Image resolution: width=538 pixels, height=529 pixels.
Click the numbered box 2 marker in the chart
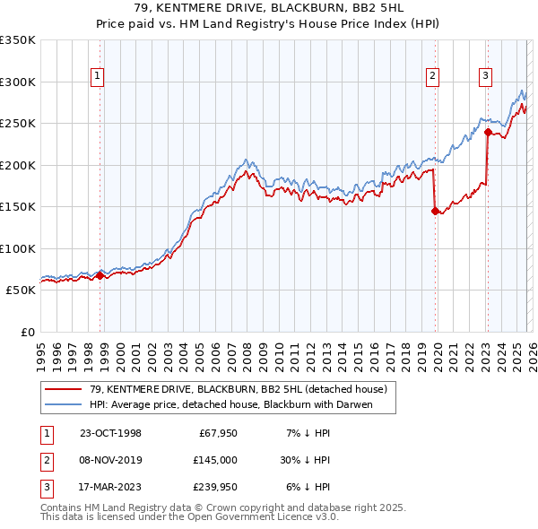(x=432, y=76)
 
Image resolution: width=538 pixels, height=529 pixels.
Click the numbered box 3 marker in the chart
(x=485, y=76)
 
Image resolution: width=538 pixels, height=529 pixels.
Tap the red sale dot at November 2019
(x=436, y=212)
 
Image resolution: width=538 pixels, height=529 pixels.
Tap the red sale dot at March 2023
(x=488, y=132)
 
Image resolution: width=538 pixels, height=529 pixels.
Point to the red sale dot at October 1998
(x=100, y=275)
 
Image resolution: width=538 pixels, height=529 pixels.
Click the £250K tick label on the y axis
(x=18, y=124)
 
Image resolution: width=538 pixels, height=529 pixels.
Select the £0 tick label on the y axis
(x=27, y=333)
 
